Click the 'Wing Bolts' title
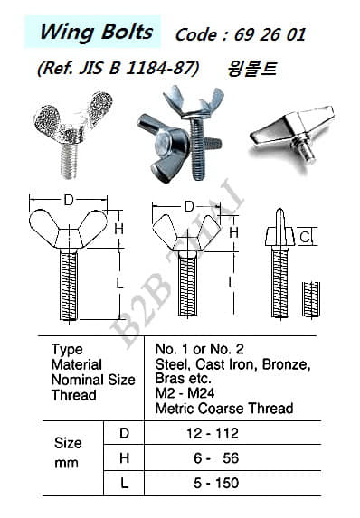click(x=96, y=33)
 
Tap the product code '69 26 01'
click(x=270, y=34)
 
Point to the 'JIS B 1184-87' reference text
click(x=135, y=69)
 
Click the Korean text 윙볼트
click(x=251, y=69)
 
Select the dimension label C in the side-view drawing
click(x=305, y=237)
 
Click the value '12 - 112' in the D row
click(x=213, y=433)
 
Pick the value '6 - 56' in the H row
click(x=216, y=458)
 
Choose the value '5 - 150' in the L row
click(x=216, y=483)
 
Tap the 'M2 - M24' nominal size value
click(x=185, y=393)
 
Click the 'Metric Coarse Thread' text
click(x=224, y=409)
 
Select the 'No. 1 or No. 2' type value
click(x=200, y=349)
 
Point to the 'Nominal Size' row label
click(x=93, y=380)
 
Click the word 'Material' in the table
click(x=76, y=364)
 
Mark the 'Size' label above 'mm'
click(x=68, y=443)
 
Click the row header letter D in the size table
click(x=124, y=433)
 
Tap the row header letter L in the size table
click(x=124, y=483)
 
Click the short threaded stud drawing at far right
click(x=311, y=299)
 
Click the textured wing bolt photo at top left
click(x=73, y=135)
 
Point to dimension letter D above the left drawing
click(x=69, y=200)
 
